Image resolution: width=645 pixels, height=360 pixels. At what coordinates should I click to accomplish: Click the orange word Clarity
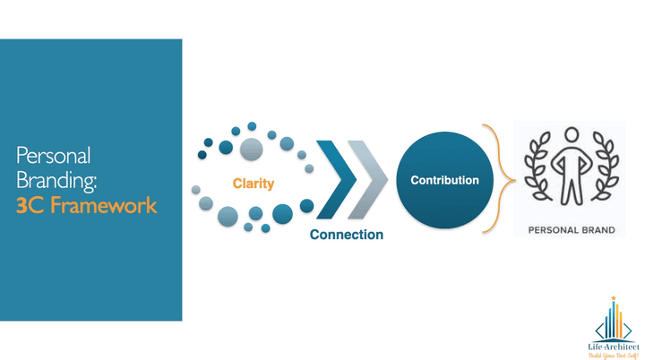254,184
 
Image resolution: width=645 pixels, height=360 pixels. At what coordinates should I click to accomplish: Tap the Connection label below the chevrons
347,235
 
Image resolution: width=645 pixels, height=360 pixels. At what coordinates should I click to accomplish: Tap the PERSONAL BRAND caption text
572,230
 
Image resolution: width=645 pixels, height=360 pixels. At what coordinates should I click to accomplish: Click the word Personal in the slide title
53,155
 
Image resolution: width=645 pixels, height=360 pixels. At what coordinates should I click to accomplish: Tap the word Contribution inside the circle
444,181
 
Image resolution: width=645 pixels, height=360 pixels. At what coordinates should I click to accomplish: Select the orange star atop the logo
613,297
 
